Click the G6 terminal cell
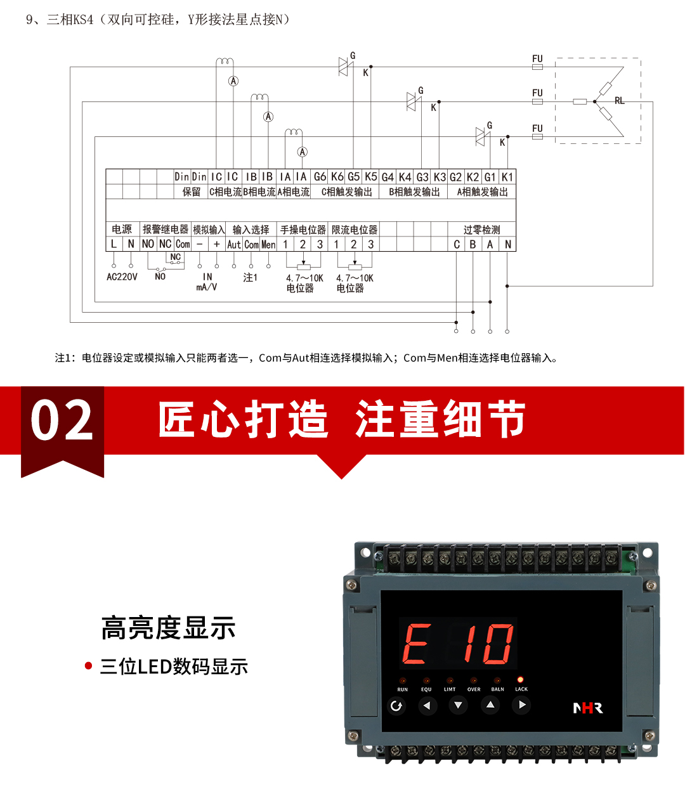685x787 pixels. point(320,177)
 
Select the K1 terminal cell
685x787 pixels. point(507,177)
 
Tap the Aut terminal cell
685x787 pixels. point(234,244)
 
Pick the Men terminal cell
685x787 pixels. point(268,244)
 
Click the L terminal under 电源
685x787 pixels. point(114,244)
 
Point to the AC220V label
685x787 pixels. point(122,277)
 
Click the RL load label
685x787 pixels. point(619,101)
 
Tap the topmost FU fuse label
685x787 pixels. point(537,59)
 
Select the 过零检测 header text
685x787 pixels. point(481,230)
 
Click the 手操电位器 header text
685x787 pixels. point(303,230)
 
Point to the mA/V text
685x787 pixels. point(207,287)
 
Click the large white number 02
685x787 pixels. point(62,420)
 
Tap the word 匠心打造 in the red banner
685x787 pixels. point(243,419)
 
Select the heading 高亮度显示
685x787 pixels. point(168,628)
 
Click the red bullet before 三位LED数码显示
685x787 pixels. point(89,666)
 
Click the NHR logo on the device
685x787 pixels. point(588,708)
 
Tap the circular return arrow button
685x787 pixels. point(396,706)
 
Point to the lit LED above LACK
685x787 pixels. point(521,680)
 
